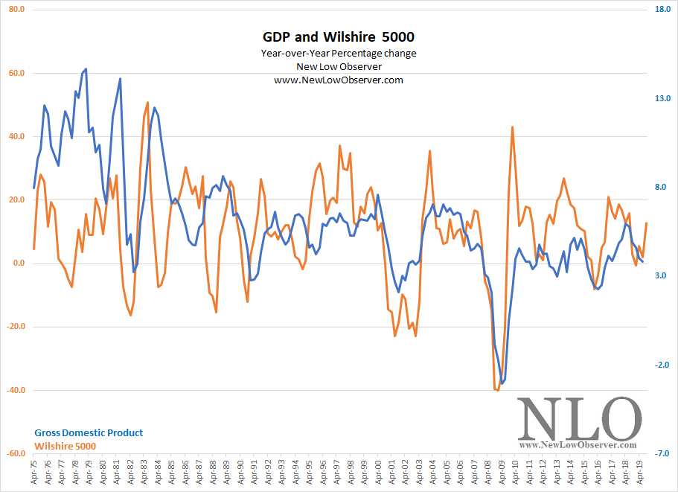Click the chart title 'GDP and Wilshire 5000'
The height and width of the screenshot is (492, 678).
(x=339, y=36)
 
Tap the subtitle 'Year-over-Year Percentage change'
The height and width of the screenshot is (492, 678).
(x=339, y=53)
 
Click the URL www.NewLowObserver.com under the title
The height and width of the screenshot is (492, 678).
(x=339, y=80)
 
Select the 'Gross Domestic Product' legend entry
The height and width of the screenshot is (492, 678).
(x=89, y=432)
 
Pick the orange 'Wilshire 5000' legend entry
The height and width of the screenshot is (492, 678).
(x=65, y=446)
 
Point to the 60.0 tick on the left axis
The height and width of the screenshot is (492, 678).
(x=16, y=74)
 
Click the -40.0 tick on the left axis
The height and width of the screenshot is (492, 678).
(x=14, y=390)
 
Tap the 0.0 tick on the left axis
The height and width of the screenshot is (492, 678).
(x=17, y=263)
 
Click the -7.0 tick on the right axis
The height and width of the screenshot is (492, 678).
(x=663, y=453)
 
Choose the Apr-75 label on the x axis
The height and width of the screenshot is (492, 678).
(x=33, y=473)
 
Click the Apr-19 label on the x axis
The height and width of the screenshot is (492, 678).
(x=639, y=473)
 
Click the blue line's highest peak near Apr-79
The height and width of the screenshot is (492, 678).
(x=86, y=68)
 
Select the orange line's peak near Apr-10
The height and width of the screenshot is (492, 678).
(x=512, y=127)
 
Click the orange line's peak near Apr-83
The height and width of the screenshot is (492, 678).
(x=148, y=103)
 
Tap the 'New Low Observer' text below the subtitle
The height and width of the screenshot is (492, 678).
(x=339, y=66)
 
